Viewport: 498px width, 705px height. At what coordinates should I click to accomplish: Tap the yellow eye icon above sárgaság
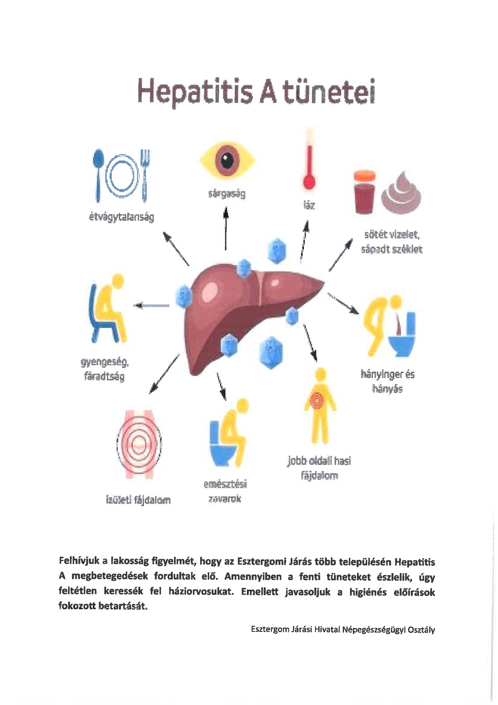coord(227,161)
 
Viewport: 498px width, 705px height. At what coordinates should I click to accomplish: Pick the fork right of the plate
coord(145,175)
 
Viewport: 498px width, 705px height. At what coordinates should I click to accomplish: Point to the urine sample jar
coord(365,191)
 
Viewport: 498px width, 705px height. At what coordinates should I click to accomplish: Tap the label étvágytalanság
coord(121,217)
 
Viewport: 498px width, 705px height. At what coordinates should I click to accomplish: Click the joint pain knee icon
coord(139,444)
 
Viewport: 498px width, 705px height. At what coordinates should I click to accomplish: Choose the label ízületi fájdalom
coord(138,500)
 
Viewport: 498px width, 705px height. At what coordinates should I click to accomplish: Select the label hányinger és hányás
coord(387,381)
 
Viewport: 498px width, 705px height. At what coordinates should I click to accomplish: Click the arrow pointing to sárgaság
coord(226,228)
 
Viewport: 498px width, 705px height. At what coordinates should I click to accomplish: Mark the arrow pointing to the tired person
coord(152,306)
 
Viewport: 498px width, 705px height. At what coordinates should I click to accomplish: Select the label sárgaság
coord(227,194)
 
